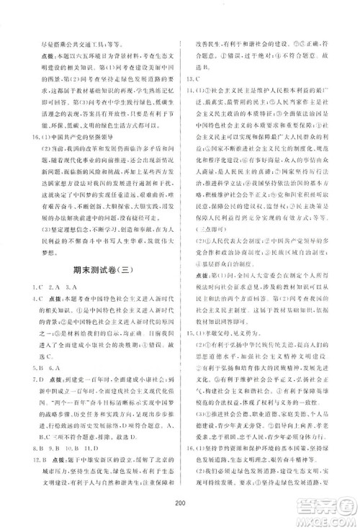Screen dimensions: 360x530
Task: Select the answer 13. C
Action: click(x=193, y=76)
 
